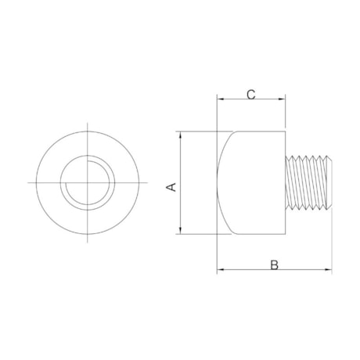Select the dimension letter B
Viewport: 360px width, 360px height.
tap(274, 265)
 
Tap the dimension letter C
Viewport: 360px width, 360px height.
tap(250, 95)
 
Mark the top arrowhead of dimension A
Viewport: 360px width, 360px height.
tap(181, 133)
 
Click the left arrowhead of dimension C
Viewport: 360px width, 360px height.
tap(220, 100)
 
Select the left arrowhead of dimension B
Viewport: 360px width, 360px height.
tap(220, 270)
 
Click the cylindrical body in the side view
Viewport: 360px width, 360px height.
tap(254, 182)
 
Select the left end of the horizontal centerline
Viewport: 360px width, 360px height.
tap(28, 182)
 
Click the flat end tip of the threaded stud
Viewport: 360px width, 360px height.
tap(331, 182)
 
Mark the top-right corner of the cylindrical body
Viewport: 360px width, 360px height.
tap(285, 131)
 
